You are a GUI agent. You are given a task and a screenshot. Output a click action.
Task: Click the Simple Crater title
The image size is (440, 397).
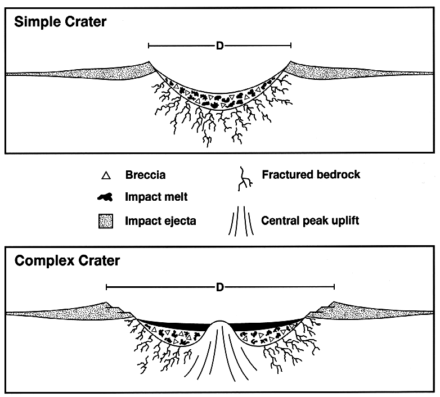tap(60, 22)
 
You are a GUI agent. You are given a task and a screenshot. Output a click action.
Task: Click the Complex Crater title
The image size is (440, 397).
tap(67, 261)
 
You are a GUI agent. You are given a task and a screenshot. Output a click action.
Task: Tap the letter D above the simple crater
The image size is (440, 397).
tap(220, 46)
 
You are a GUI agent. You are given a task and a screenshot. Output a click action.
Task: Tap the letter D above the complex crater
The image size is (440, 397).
tap(220, 287)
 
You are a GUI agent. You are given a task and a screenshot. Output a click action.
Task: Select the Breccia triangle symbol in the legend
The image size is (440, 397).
tap(106, 175)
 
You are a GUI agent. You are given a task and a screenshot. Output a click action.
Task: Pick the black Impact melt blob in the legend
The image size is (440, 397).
tap(105, 197)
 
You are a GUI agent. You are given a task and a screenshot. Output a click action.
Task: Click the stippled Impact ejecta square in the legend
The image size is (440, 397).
tap(106, 221)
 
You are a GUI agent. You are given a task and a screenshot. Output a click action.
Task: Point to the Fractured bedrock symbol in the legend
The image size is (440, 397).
tap(245, 179)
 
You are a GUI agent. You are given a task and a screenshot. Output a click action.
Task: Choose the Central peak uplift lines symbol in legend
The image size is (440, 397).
tap(241, 220)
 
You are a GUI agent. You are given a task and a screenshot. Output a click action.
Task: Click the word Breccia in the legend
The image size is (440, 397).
tap(145, 175)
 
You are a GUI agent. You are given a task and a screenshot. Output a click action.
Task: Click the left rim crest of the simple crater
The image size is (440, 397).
tap(149, 61)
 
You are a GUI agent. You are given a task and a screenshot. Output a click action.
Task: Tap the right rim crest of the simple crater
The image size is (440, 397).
tap(291, 61)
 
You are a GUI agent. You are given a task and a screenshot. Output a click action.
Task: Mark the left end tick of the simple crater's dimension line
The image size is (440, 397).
tap(149, 46)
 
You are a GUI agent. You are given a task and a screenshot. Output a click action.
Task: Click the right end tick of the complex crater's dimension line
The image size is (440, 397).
tap(334, 287)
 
